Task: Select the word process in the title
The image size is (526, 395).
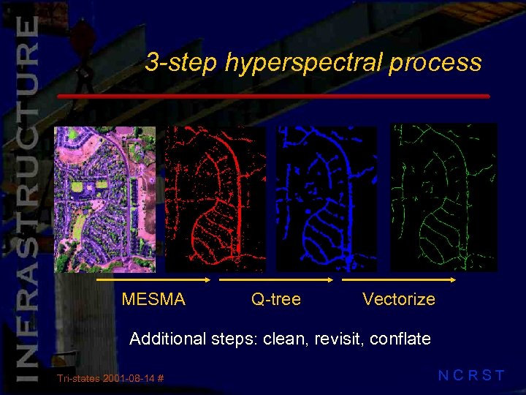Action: tap(435, 63)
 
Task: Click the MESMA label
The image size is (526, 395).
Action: tap(153, 299)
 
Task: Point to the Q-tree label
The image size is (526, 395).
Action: tap(276, 299)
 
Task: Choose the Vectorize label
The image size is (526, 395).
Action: tap(399, 299)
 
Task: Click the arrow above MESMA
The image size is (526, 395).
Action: tap(154, 279)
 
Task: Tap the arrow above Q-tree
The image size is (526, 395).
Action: tap(276, 279)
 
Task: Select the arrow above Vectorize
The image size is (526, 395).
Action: tap(399, 279)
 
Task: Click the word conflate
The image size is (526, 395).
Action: tap(400, 339)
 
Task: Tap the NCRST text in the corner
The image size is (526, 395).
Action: tap(471, 376)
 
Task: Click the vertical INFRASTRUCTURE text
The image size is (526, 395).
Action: tap(26, 197)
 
